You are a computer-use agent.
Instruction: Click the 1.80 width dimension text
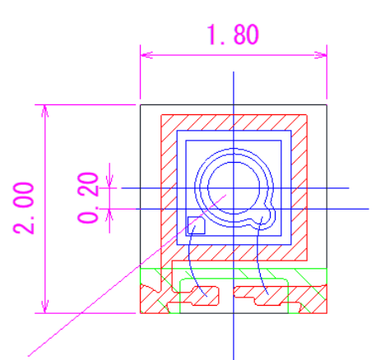click(x=233, y=35)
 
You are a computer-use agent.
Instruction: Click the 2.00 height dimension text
click(x=24, y=208)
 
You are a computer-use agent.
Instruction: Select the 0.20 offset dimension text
click(x=88, y=198)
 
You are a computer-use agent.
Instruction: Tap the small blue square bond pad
click(x=197, y=225)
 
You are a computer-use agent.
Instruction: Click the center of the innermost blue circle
click(x=234, y=188)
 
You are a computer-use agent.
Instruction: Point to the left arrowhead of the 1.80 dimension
click(x=146, y=55)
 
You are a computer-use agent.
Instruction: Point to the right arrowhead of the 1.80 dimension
click(x=321, y=55)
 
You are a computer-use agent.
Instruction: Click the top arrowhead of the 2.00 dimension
click(x=45, y=111)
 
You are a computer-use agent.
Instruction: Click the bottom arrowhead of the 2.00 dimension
click(x=45, y=307)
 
